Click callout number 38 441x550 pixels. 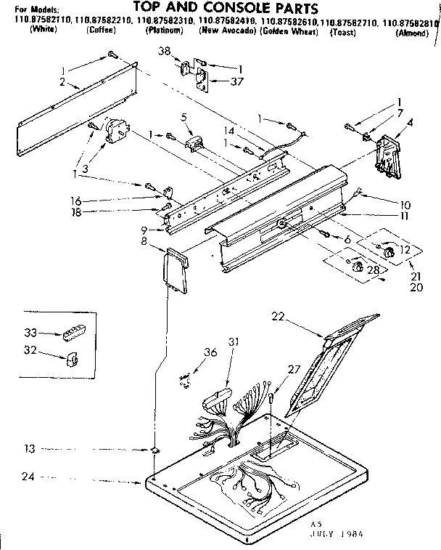[x=165, y=52]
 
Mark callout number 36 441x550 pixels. [x=210, y=353]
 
